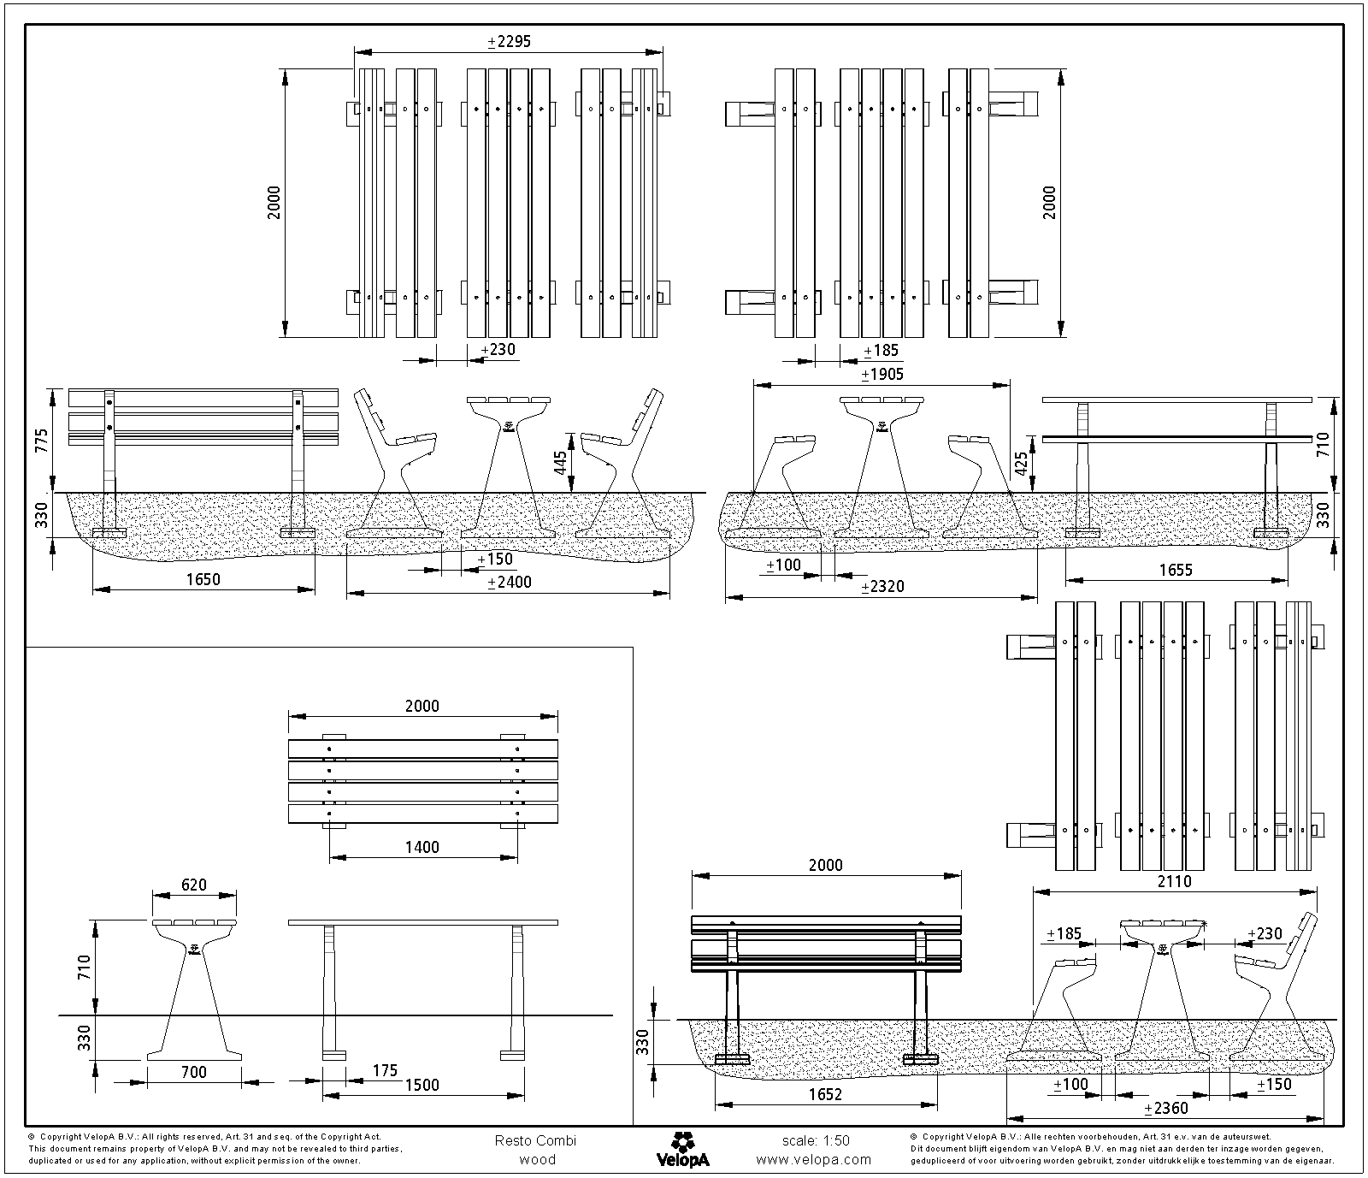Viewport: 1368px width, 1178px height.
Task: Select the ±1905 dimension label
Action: (x=882, y=374)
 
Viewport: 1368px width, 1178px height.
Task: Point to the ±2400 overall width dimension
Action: (x=509, y=582)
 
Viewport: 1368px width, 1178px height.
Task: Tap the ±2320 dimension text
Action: (x=882, y=586)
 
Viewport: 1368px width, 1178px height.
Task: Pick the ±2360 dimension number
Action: (x=1166, y=1108)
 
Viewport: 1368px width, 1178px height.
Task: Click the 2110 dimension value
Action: (x=1174, y=880)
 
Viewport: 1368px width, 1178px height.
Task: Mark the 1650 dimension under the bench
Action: (x=203, y=579)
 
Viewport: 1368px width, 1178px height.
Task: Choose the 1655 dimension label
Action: (x=1176, y=570)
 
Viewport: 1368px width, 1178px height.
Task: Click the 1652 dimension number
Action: (x=824, y=1094)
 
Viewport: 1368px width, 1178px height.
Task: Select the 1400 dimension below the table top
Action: (x=422, y=847)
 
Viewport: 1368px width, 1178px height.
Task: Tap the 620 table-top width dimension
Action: (x=194, y=885)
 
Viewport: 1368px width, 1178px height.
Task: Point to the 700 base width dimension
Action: (x=194, y=1072)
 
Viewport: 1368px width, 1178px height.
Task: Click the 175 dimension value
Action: (x=385, y=1070)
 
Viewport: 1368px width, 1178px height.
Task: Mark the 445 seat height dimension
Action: (x=560, y=463)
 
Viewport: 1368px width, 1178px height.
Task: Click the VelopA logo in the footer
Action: (x=682, y=1149)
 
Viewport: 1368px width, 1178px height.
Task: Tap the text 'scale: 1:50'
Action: (x=816, y=1140)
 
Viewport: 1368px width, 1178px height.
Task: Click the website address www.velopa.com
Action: (x=814, y=1159)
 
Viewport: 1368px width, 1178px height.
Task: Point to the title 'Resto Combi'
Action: (x=535, y=1140)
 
